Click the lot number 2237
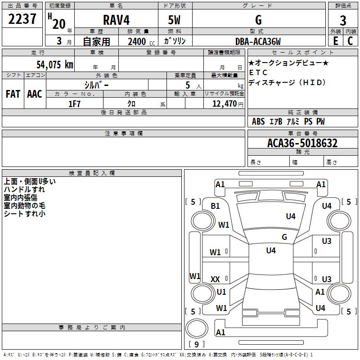point(22,20)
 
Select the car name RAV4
point(116,21)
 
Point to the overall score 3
point(343,21)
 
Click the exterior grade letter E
point(335,41)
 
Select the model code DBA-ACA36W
point(258,41)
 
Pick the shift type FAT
point(13,94)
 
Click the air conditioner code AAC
point(34,94)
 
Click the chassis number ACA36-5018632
point(302,144)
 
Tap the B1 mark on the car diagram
point(216,206)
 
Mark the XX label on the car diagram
point(215,279)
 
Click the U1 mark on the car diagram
point(221,292)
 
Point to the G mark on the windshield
point(284,237)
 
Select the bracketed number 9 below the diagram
point(196,344)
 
